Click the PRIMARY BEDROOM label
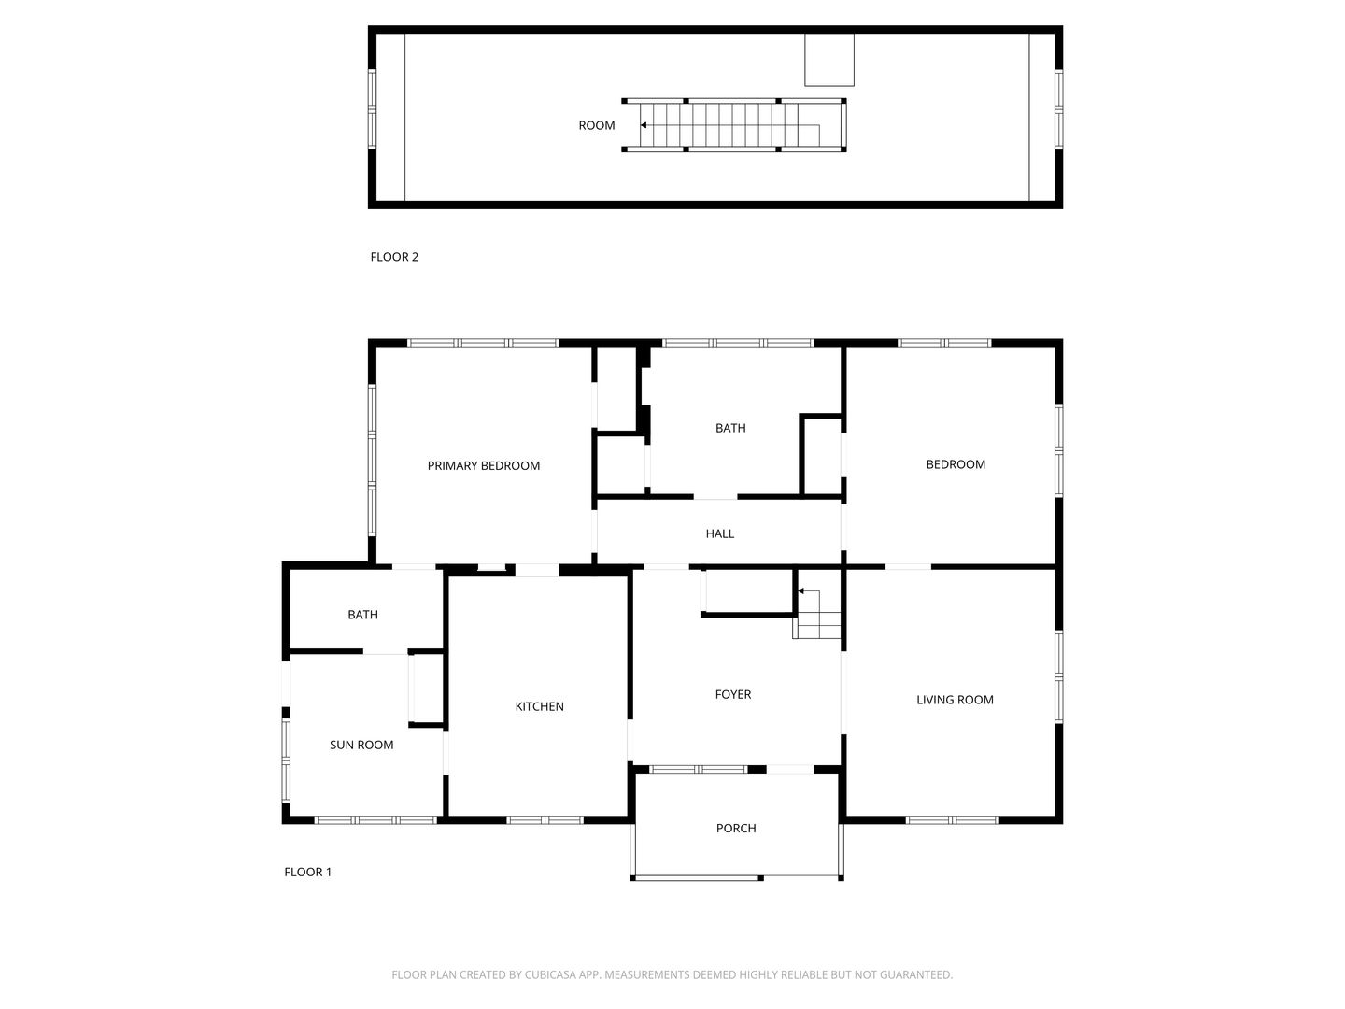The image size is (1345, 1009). [484, 465]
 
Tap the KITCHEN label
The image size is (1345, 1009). [539, 706]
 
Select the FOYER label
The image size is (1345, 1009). [733, 694]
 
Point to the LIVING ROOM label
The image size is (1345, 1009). [955, 700]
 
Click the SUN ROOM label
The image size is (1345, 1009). [361, 745]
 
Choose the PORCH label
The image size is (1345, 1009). [736, 829]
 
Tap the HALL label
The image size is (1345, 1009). [720, 533]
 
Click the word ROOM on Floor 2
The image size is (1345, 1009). [597, 125]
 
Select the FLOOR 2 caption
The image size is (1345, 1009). [394, 257]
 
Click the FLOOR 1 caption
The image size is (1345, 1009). [307, 872]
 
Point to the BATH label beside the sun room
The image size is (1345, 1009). [362, 615]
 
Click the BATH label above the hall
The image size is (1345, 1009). [730, 428]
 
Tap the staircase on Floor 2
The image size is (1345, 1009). [734, 125]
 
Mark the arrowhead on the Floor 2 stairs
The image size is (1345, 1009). [644, 125]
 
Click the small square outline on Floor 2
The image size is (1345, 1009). [829, 60]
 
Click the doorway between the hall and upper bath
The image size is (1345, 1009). [715, 497]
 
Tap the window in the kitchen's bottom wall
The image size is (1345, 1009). [545, 819]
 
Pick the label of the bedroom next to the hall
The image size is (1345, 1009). [956, 464]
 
